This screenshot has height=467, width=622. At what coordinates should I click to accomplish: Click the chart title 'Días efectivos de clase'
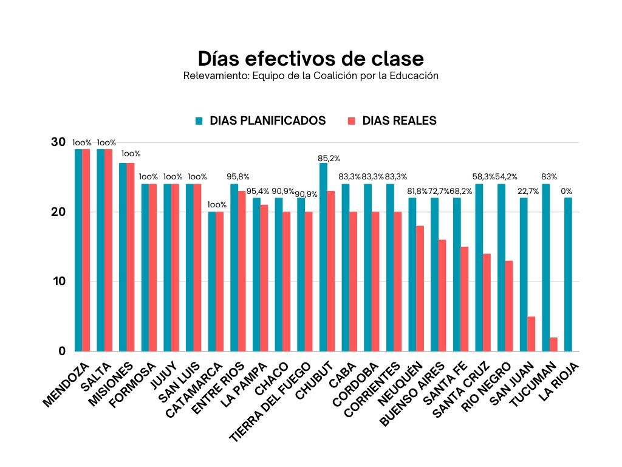[310, 59]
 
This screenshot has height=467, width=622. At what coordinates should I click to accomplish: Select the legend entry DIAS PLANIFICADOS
[267, 120]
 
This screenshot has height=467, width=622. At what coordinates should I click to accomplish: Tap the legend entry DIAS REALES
[399, 120]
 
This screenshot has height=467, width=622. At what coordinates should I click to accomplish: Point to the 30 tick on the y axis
[58, 142]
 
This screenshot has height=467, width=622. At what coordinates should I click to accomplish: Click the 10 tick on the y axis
[58, 282]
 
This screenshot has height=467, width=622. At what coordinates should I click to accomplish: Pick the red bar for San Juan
[531, 334]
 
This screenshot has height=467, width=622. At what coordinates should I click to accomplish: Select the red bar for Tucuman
[553, 344]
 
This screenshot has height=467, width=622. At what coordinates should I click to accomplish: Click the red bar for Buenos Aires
[442, 296]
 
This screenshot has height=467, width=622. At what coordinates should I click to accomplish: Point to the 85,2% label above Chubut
[329, 158]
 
